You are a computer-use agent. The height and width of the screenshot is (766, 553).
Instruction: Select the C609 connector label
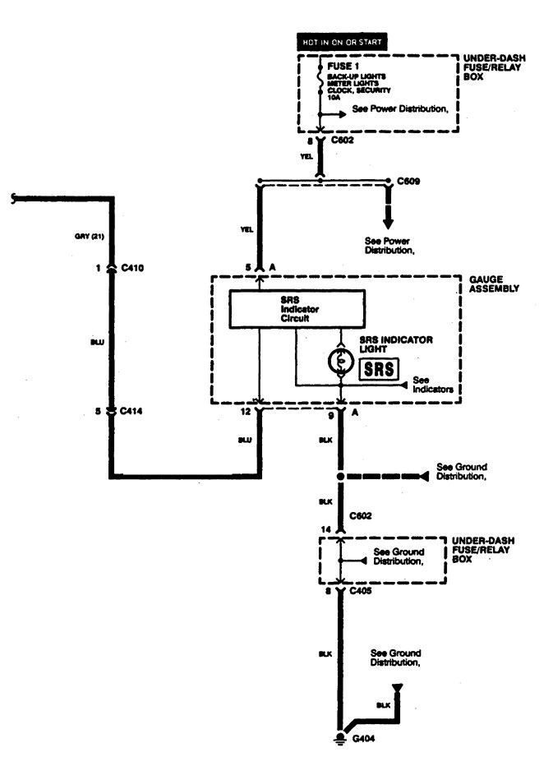[x=408, y=180]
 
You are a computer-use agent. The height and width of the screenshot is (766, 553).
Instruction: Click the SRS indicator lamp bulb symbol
[x=341, y=359]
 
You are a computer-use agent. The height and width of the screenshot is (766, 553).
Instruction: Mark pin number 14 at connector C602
[x=328, y=531]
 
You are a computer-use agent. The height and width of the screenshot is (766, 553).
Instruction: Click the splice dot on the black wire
[x=340, y=476]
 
